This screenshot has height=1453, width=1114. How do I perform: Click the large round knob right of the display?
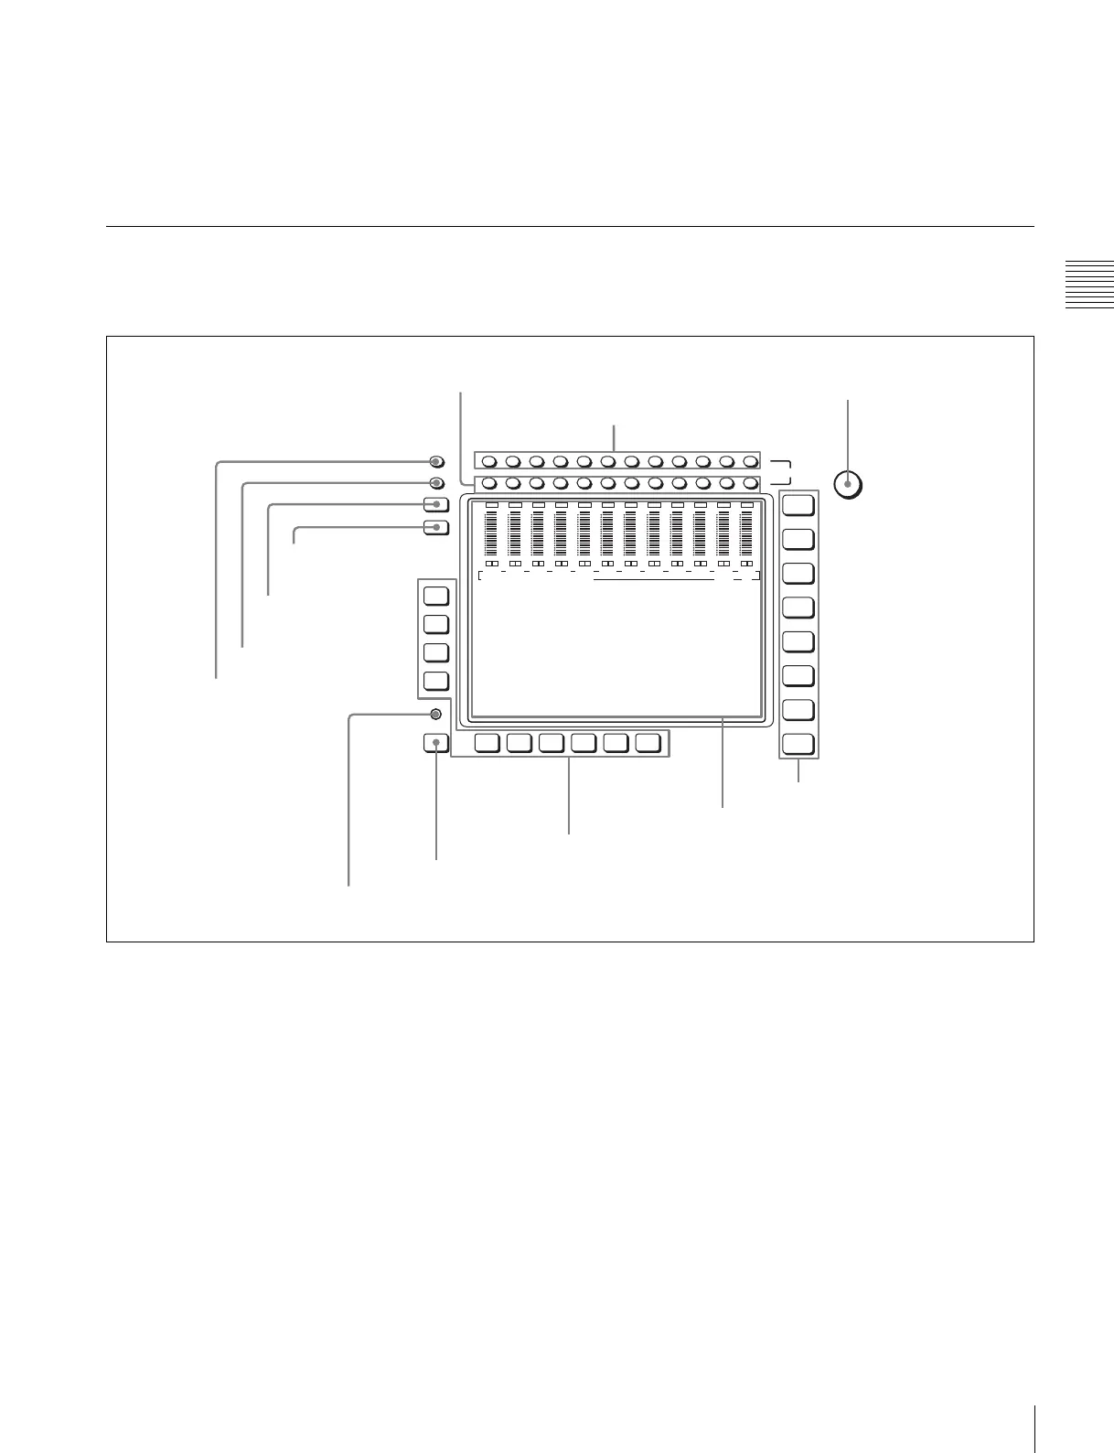pos(849,484)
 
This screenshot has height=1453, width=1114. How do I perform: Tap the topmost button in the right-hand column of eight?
pos(798,504)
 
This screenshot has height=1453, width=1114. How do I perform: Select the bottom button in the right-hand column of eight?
pos(798,744)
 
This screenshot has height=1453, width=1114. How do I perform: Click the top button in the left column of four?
pos(436,596)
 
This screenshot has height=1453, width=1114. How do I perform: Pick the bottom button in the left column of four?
pos(436,681)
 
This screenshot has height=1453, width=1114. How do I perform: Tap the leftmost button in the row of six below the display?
pos(487,743)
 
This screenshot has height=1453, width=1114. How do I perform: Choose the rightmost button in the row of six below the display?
pos(648,743)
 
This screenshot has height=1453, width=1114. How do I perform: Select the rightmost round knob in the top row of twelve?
pos(750,461)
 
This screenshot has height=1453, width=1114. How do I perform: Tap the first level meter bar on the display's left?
pos(491,533)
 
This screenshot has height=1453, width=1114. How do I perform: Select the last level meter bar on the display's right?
pos(747,533)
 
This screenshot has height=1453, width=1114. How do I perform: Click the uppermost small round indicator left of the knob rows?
pos(436,461)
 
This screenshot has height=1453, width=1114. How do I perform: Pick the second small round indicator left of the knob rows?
pos(436,483)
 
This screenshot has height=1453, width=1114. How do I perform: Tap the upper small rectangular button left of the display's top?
pos(436,504)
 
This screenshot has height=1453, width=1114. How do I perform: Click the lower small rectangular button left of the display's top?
pos(436,527)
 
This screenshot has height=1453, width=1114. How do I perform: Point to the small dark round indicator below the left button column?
pos(435,714)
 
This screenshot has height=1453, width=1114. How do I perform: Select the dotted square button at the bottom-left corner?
pos(436,743)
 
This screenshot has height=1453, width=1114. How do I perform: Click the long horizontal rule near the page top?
pos(570,226)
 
